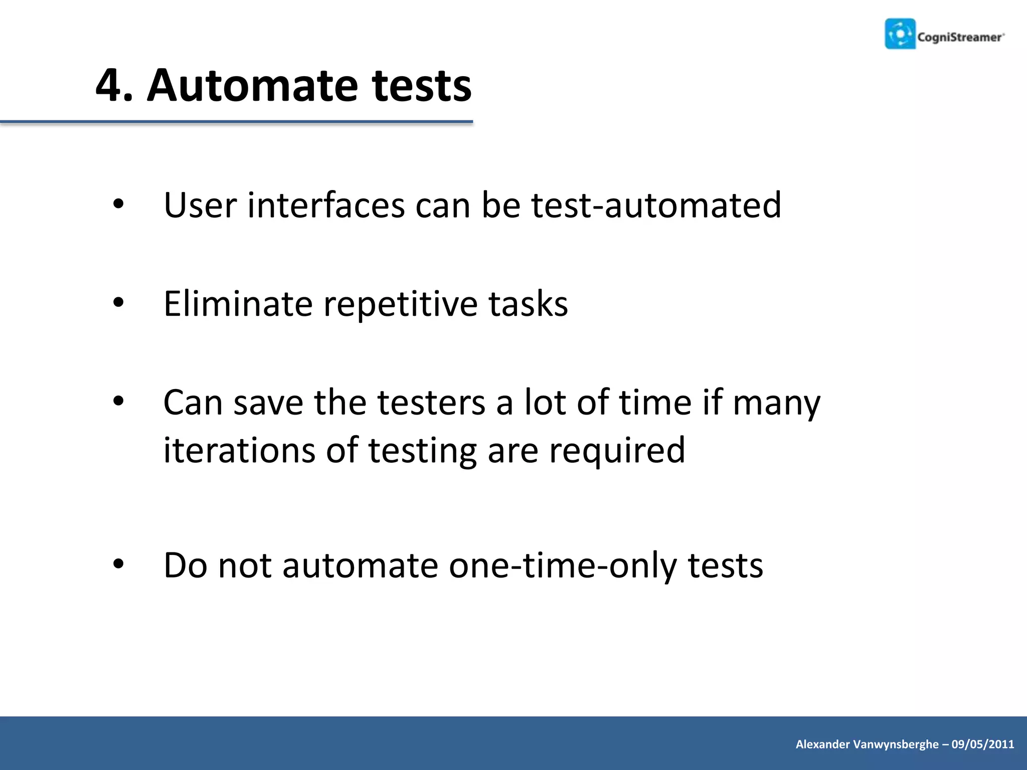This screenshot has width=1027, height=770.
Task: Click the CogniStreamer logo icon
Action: (900, 34)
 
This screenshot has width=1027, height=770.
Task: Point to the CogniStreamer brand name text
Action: (960, 37)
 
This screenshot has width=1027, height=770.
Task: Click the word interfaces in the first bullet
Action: (326, 205)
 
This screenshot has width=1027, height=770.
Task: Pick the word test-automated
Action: (656, 205)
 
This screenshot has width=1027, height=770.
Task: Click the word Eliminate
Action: (238, 304)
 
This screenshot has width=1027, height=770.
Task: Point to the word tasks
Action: (528, 304)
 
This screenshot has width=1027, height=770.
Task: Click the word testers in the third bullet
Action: (431, 402)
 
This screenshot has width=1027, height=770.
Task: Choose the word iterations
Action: (239, 450)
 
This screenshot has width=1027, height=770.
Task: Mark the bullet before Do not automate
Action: (118, 564)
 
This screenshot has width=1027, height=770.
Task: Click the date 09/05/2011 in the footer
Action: (982, 744)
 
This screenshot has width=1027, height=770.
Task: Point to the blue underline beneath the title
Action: (236, 122)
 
